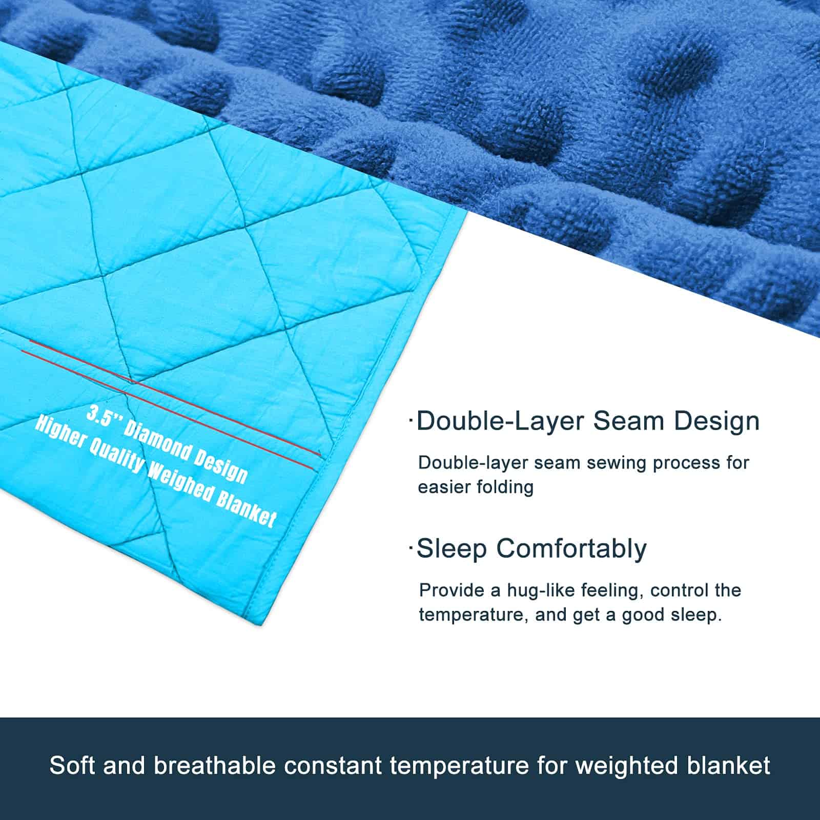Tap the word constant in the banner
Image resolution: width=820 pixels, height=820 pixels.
[334, 766]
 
